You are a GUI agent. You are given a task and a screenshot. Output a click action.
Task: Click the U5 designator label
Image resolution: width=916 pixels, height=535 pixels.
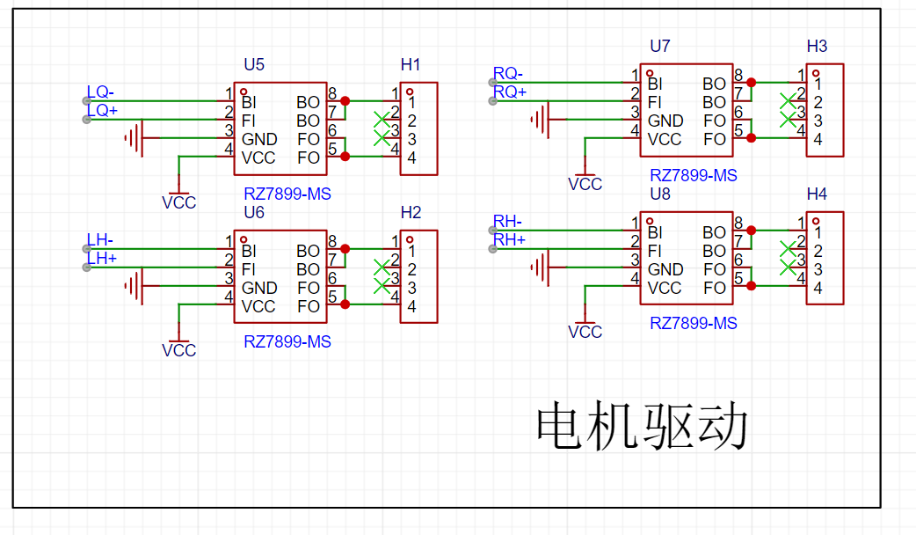tap(254, 64)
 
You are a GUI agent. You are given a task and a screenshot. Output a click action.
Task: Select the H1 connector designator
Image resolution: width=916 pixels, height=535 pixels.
tap(411, 64)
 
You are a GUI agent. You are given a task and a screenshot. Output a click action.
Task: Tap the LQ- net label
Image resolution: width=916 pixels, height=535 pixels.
tap(100, 92)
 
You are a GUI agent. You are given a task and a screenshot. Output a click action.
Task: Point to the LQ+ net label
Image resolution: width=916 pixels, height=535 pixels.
tap(102, 110)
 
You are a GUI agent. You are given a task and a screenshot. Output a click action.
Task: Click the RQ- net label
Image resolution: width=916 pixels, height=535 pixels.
tap(507, 73)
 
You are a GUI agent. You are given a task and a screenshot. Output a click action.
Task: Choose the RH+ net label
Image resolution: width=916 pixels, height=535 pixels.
tap(509, 239)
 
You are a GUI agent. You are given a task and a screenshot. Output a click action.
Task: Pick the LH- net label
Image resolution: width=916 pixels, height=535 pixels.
tap(100, 239)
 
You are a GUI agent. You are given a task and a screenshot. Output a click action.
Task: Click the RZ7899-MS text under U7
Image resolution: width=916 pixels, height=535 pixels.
tap(694, 175)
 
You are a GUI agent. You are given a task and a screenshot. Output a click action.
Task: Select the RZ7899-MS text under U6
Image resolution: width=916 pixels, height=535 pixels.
tap(287, 341)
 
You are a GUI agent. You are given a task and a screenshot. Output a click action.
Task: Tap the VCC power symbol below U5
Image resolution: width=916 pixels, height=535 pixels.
tap(178, 197)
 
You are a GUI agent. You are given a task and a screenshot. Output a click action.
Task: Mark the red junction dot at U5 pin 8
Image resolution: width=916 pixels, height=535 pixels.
tap(345, 101)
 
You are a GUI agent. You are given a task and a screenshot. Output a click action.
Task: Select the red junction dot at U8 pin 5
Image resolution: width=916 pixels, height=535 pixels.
tap(752, 286)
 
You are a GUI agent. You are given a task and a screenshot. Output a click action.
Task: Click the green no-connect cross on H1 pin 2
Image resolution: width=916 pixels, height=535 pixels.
tap(382, 120)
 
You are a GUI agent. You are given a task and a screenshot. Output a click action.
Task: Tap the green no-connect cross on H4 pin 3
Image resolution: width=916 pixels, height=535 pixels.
tap(788, 267)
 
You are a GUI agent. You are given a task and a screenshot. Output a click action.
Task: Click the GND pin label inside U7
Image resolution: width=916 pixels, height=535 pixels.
tap(665, 121)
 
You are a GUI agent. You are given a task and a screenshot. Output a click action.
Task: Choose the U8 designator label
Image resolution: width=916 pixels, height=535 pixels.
tap(660, 194)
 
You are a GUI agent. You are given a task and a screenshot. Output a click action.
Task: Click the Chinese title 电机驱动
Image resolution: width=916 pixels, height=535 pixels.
tap(642, 426)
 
